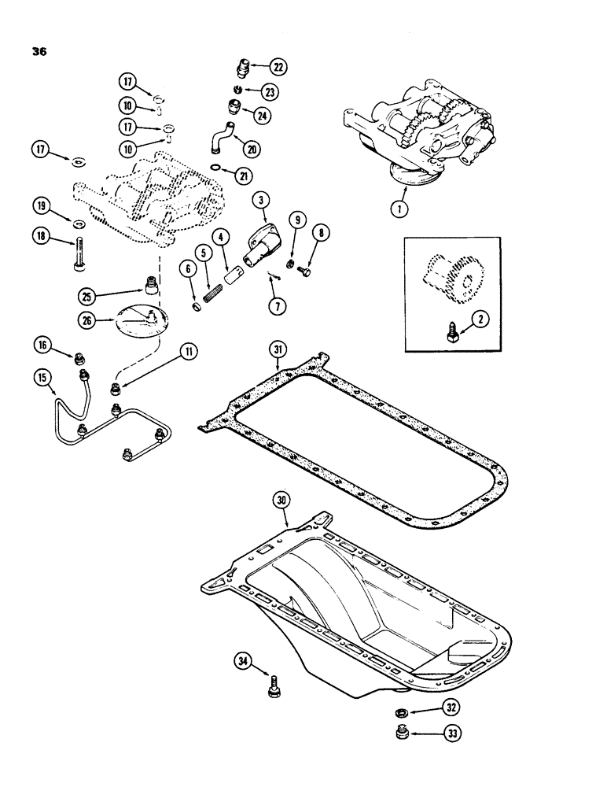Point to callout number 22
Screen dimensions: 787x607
[280, 66]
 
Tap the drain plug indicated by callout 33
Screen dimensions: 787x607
[400, 733]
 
